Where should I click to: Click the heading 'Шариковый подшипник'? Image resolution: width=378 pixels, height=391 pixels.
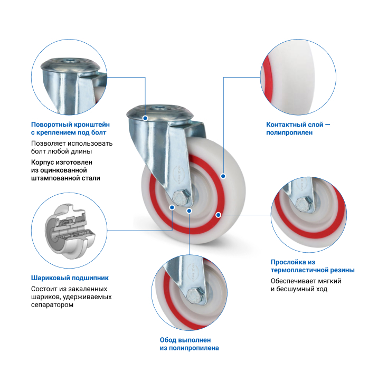tap(70, 278)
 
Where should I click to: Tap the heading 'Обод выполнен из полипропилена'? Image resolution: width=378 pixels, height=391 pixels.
tap(189, 344)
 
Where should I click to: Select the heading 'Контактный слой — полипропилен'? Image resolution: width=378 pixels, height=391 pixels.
tap(298, 128)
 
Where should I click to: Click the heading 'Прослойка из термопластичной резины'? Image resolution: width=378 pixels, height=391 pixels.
tap(313, 266)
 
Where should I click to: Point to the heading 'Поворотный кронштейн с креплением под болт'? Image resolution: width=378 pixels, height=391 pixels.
tap(70, 128)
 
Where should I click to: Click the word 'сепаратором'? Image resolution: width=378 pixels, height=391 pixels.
tap(52, 304)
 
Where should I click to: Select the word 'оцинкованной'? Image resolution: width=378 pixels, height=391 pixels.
tap(63, 170)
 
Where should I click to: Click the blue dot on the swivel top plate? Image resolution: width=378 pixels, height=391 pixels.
tap(145, 118)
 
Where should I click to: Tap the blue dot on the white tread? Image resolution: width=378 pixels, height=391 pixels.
tap(223, 176)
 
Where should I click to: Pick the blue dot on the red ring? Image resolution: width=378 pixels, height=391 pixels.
tap(219, 215)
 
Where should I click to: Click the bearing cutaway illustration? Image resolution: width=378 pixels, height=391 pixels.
tap(70, 231)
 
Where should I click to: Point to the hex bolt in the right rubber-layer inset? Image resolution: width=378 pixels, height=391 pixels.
tap(304, 205)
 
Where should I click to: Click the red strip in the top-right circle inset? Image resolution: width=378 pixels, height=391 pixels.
tap(266, 79)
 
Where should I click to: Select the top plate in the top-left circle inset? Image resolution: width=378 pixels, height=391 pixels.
tap(70, 65)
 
